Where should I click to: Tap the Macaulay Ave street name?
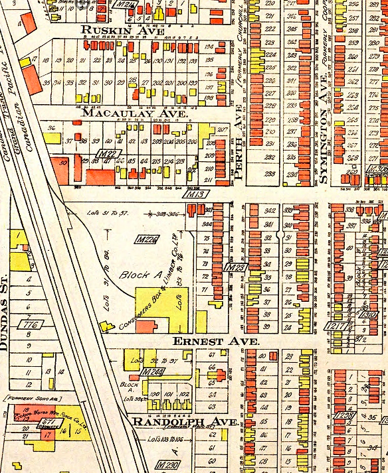click(x=124, y=113)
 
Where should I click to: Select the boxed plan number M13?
click(x=194, y=194)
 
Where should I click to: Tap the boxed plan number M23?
click(x=235, y=267)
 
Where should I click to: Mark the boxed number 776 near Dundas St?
click(x=30, y=324)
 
